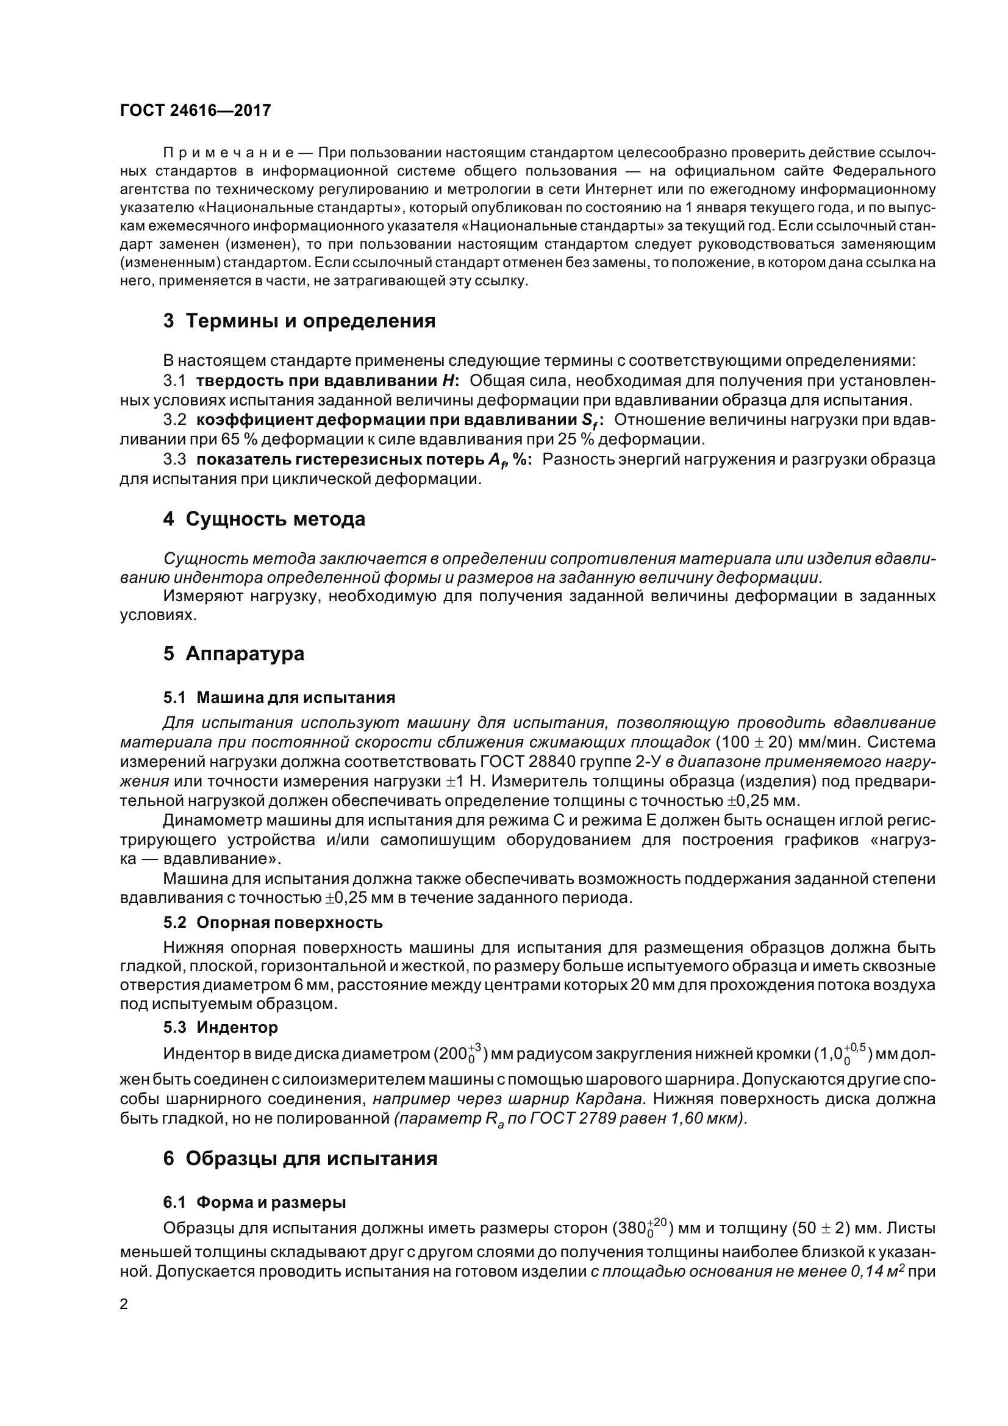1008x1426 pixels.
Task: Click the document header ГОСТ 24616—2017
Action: [195, 110]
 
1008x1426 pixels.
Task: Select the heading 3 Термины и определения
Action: [299, 321]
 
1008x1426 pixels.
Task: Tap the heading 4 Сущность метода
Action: [264, 519]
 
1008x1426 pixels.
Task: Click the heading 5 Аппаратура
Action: [234, 654]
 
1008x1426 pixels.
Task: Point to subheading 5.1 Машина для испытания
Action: [279, 697]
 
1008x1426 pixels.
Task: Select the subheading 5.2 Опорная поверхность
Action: [273, 922]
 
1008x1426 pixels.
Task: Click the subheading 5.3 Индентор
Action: [221, 1027]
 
